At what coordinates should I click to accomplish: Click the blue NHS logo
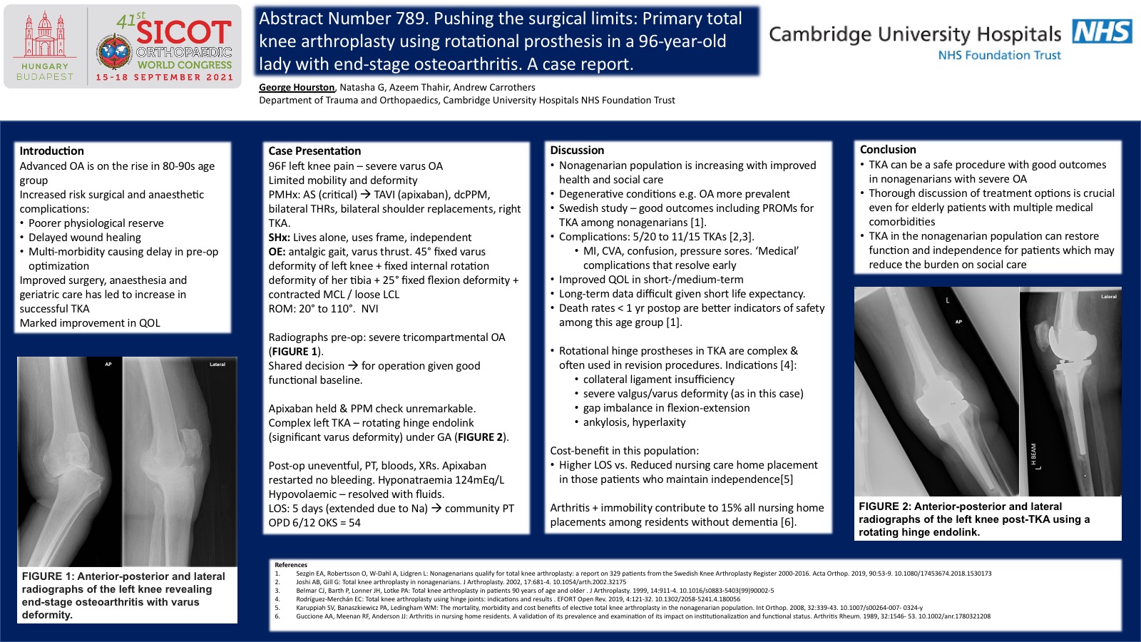pyautogui.click(x=1102, y=31)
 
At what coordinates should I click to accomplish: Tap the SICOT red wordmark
pyautogui.click(x=184, y=32)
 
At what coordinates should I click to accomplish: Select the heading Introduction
pyautogui.click(x=51, y=151)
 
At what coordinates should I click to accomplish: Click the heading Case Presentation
pyautogui.click(x=314, y=151)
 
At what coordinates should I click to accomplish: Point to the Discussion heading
pyautogui.click(x=577, y=150)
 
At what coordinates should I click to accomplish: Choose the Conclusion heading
pyautogui.click(x=888, y=149)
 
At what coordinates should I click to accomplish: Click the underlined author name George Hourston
pyautogui.click(x=297, y=87)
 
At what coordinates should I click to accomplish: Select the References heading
pyautogui.click(x=291, y=564)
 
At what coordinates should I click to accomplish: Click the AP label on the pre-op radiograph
pyautogui.click(x=108, y=365)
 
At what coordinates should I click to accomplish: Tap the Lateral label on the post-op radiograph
pyautogui.click(x=1108, y=297)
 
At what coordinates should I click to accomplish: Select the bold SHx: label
pyautogui.click(x=279, y=238)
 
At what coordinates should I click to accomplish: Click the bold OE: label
pyautogui.click(x=277, y=252)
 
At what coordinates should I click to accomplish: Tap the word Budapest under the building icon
pyautogui.click(x=44, y=76)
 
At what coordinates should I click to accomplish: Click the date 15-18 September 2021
pyautogui.click(x=165, y=77)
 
